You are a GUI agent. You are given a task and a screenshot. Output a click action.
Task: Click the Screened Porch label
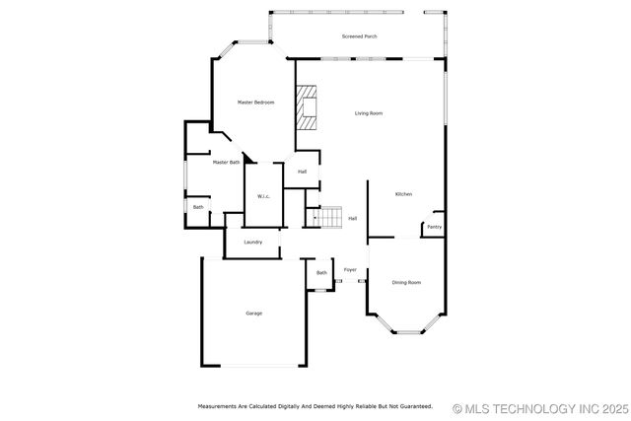click(x=359, y=36)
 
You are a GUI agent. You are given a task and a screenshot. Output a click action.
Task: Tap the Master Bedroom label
click(x=255, y=103)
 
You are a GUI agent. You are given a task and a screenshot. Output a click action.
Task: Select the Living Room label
click(x=369, y=113)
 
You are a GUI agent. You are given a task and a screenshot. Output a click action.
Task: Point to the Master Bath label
click(x=226, y=162)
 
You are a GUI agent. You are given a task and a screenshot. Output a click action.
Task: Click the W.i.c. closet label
click(x=264, y=196)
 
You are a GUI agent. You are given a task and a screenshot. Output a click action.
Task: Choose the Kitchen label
click(x=403, y=194)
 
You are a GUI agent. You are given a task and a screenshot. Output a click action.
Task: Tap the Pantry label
click(x=434, y=227)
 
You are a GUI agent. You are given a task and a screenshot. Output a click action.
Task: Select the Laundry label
click(x=253, y=242)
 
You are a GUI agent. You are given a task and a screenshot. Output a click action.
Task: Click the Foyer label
click(x=350, y=269)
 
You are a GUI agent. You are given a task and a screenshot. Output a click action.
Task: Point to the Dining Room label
click(x=406, y=283)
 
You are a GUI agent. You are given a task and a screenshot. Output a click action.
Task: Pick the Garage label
click(x=253, y=314)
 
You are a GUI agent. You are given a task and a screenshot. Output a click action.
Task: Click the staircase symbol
click(x=327, y=216)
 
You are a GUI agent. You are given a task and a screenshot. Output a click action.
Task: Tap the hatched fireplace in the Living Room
click(x=309, y=107)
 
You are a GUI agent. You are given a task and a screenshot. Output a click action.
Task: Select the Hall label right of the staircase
click(x=352, y=218)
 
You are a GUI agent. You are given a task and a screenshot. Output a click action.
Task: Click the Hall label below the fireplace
click(x=302, y=172)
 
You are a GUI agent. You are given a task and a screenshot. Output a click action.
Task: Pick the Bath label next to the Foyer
click(x=321, y=273)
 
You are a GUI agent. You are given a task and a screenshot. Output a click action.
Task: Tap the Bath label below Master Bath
click(x=198, y=207)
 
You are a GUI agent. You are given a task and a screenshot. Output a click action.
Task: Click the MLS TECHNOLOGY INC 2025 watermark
click(x=539, y=407)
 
